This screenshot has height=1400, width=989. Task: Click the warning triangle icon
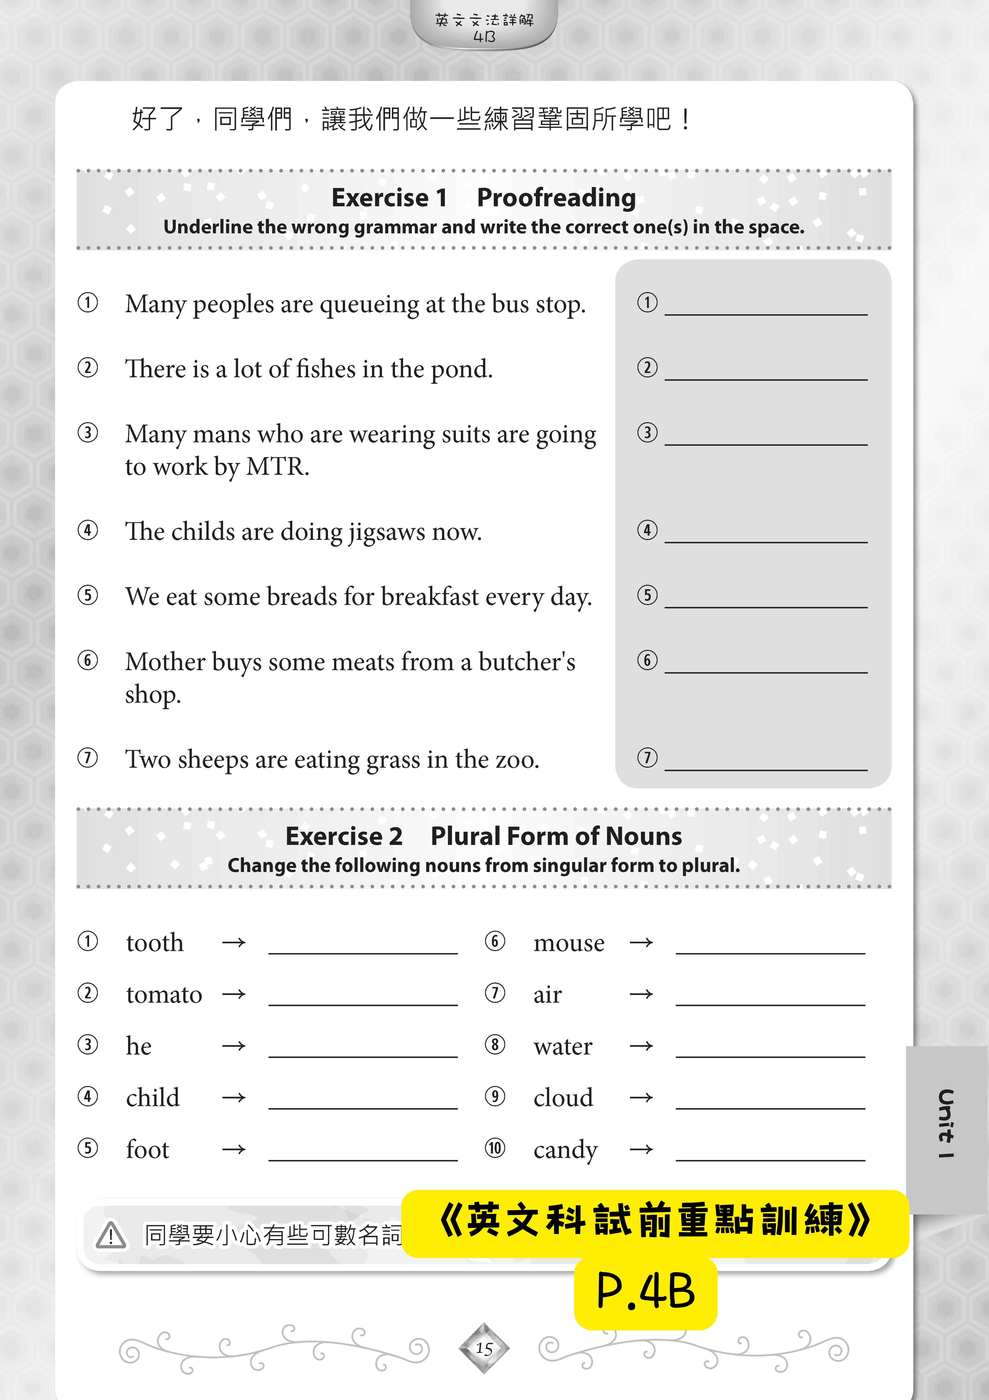coord(111,1236)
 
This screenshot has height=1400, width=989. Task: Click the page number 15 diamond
coord(484,1348)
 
